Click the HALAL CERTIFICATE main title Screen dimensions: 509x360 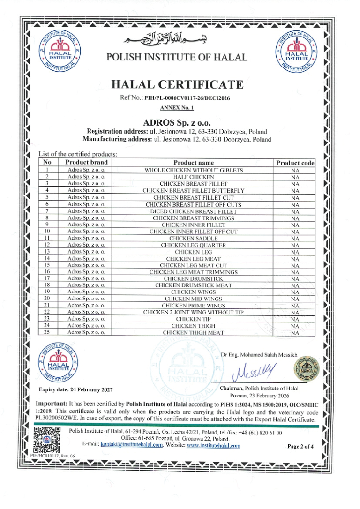coord(177,85)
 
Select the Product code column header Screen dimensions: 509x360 coord(295,162)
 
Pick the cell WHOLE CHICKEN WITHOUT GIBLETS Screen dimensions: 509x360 coord(194,170)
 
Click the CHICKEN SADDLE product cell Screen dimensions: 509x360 coord(194,238)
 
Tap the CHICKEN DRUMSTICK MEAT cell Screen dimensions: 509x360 coord(194,285)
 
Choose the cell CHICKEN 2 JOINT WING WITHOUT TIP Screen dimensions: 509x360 coord(194,312)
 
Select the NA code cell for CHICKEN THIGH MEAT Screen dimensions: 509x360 coord(295,332)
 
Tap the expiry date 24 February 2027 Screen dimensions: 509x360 coord(76,389)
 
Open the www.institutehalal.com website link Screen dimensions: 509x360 coord(213,446)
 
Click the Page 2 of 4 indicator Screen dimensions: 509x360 coord(300,446)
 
